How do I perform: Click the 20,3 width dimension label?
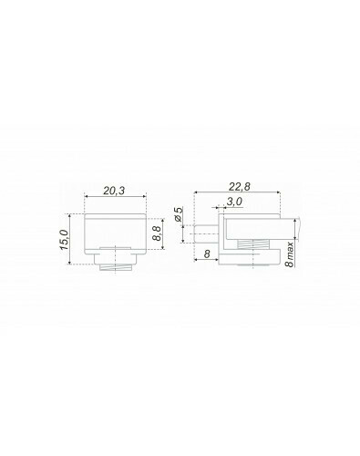pyautogui.click(x=114, y=191)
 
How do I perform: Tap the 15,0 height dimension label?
pyautogui.click(x=65, y=240)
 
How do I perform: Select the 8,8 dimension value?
pyautogui.click(x=157, y=233)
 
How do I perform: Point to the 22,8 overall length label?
pyautogui.click(x=240, y=187)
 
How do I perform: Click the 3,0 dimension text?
pyautogui.click(x=234, y=202)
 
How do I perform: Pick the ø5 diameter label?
pyautogui.click(x=179, y=213)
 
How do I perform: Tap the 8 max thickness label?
pyautogui.click(x=291, y=254)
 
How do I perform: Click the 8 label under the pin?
pyautogui.click(x=207, y=254)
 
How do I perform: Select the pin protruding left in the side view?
pyautogui.click(x=205, y=233)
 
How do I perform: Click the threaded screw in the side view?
pyautogui.click(x=252, y=244)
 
